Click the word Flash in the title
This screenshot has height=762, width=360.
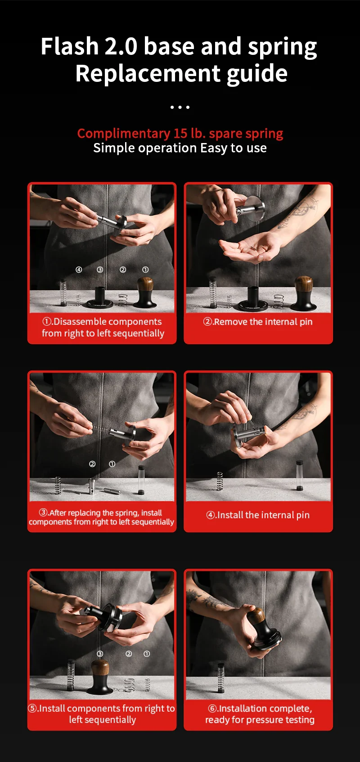[70, 46]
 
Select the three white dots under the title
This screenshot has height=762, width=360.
[180, 107]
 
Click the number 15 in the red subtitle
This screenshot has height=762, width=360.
[180, 133]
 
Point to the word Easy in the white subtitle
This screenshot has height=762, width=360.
[213, 148]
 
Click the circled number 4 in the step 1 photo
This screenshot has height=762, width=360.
[79, 270]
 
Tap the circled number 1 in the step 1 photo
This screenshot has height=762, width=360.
[145, 270]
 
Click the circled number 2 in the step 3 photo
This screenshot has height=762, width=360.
[92, 464]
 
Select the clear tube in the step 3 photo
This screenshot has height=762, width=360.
[141, 480]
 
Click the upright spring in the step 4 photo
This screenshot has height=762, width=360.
[220, 481]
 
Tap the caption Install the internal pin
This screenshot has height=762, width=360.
[258, 515]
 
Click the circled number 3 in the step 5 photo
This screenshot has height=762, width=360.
[100, 654]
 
